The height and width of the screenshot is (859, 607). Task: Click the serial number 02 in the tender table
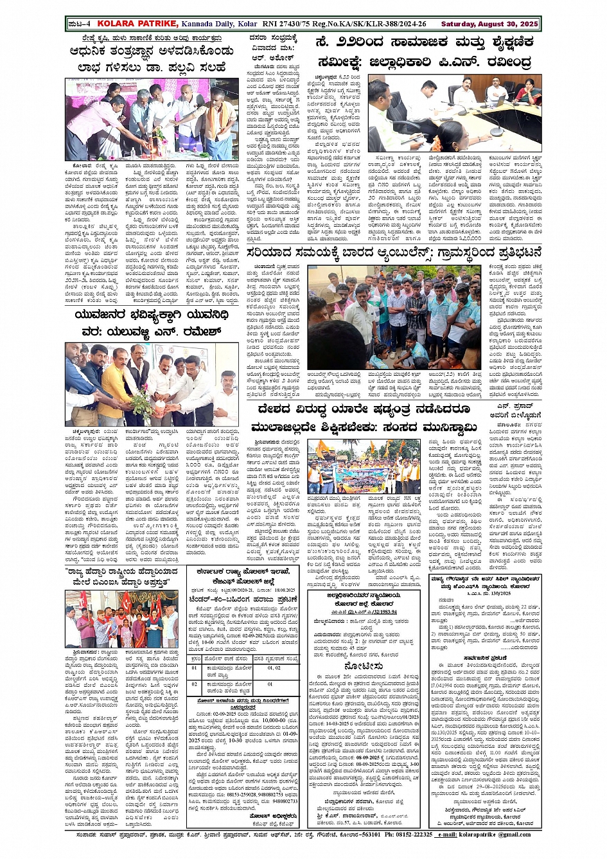click(194, 684)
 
